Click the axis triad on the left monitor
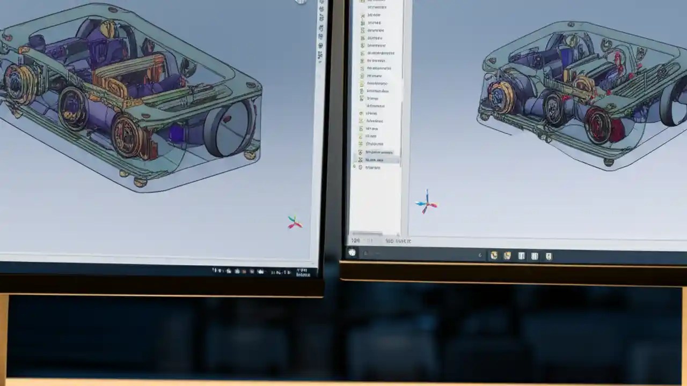pyautogui.click(x=295, y=222)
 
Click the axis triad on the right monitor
pyautogui.click(x=427, y=203)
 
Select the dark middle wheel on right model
pyautogui.click(x=554, y=109)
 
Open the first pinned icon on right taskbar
pyautogui.click(x=494, y=256)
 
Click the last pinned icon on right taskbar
pyautogui.click(x=548, y=256)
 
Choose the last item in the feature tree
pyautogui.click(x=372, y=167)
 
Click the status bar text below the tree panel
pyautogui.click(x=397, y=241)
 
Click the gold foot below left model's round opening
pyautogui.click(x=249, y=154)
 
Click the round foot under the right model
pyautogui.click(x=608, y=161)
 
